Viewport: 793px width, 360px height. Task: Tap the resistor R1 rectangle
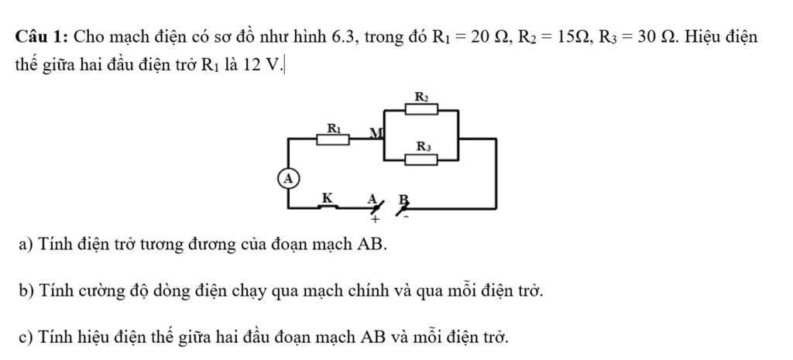click(x=333, y=139)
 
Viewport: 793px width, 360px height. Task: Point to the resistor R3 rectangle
click(x=423, y=159)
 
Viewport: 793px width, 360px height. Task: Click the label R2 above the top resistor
click(x=422, y=97)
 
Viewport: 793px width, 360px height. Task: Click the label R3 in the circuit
click(x=424, y=146)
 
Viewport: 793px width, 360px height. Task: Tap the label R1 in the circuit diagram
click(x=333, y=127)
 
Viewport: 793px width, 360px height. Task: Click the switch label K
click(x=327, y=198)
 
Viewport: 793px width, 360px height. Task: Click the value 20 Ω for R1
click(x=486, y=36)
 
